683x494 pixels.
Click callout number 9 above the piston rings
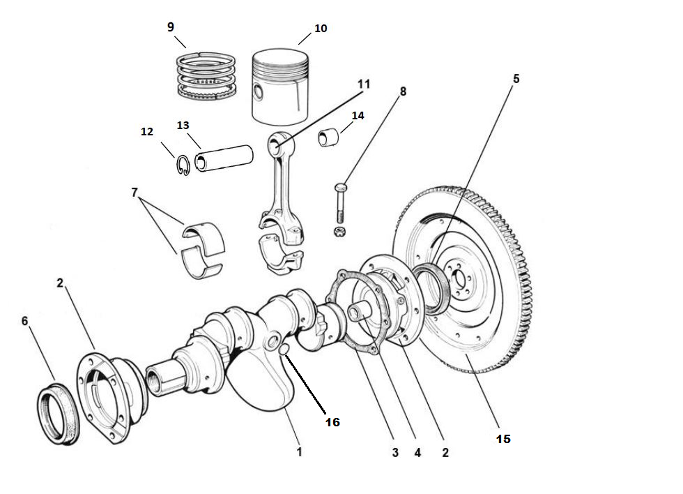[171, 27]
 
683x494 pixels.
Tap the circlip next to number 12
[183, 165]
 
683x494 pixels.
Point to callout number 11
[362, 84]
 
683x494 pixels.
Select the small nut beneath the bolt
[339, 232]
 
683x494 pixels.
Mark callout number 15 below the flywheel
[503, 438]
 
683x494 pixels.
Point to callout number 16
[332, 422]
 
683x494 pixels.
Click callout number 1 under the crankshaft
[299, 452]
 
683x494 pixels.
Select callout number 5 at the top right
[516, 79]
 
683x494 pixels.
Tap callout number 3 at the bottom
[394, 452]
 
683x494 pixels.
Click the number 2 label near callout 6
[60, 283]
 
